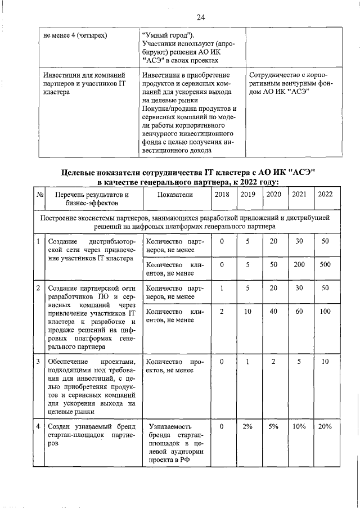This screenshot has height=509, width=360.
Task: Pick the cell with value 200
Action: pos(299,264)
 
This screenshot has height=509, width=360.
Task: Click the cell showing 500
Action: pos(325,264)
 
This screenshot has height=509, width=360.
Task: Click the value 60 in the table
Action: pos(299,312)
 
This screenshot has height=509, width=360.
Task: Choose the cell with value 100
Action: pos(325,312)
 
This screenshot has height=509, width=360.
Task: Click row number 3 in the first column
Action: pos(38,362)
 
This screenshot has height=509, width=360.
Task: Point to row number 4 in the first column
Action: pos(38,427)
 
